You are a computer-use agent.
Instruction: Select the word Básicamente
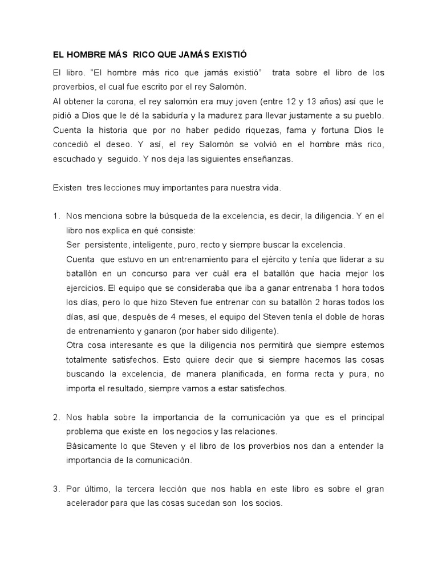91,445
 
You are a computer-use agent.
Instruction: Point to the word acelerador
91,504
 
